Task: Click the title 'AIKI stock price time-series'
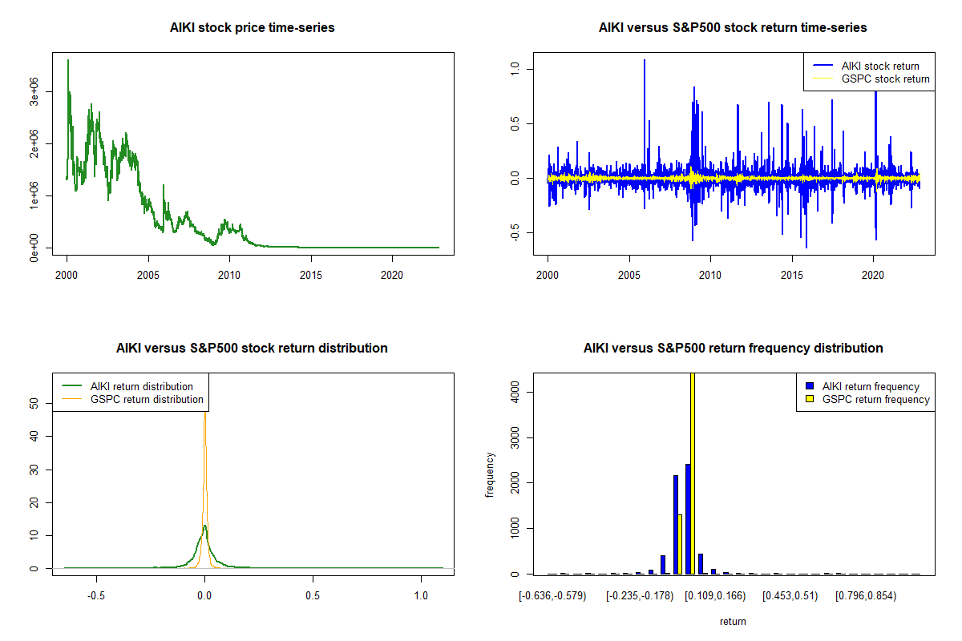click(x=252, y=27)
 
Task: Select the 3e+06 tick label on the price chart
click(x=34, y=92)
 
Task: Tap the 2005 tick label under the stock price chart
click(x=148, y=275)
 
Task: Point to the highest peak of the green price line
click(x=68, y=60)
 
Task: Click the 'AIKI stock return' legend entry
click(x=867, y=67)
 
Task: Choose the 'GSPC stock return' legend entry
click(x=871, y=79)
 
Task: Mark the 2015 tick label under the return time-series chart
click(x=791, y=275)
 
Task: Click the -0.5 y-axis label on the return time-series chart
click(x=515, y=232)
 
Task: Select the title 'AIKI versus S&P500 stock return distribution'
click(x=252, y=348)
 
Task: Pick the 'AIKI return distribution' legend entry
click(x=127, y=386)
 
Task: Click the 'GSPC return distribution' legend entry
click(x=133, y=399)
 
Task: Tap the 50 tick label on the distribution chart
click(x=34, y=404)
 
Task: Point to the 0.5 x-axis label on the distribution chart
click(x=313, y=596)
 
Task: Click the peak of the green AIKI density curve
click(x=205, y=526)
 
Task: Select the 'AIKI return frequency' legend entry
click(x=863, y=386)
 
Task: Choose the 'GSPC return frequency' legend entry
click(x=868, y=399)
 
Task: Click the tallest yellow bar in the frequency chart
click(x=693, y=474)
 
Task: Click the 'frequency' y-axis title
click(x=490, y=474)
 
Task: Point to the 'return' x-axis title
click(x=733, y=621)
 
